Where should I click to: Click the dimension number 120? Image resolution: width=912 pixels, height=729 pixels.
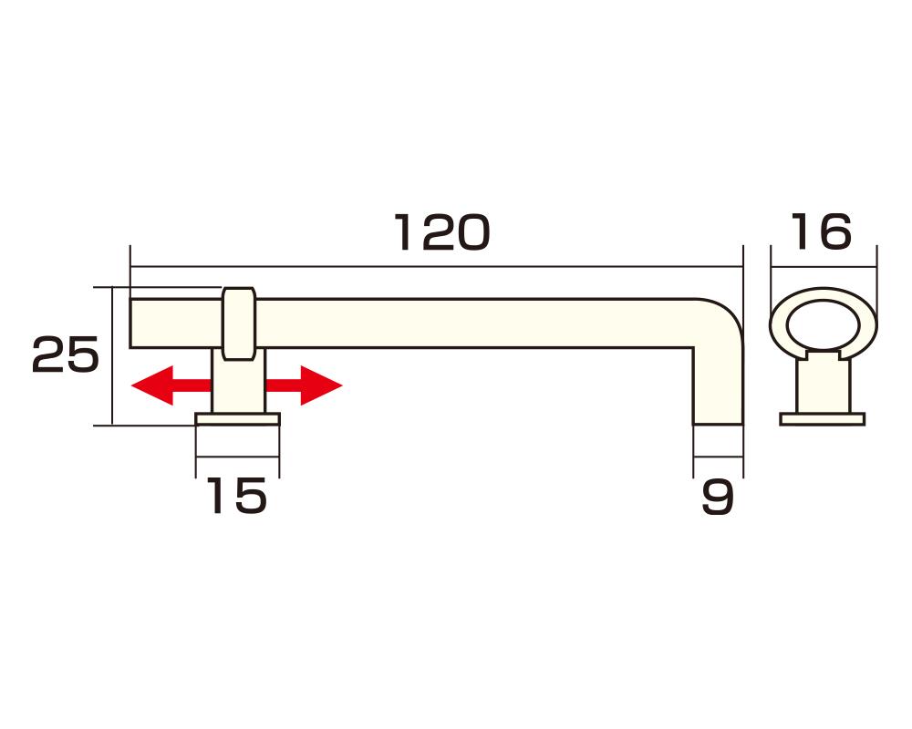pyautogui.click(x=442, y=233)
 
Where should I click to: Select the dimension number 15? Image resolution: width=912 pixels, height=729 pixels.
pyautogui.click(x=236, y=497)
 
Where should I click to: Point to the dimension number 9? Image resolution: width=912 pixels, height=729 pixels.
pyautogui.click(x=718, y=498)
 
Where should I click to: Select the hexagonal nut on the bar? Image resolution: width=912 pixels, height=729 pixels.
pyautogui.click(x=239, y=323)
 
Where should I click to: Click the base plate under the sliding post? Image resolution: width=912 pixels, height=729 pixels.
pyautogui.click(x=237, y=419)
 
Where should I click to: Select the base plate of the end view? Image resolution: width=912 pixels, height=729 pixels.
pyautogui.click(x=822, y=419)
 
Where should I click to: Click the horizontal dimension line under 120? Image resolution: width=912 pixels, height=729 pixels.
pyautogui.click(x=438, y=267)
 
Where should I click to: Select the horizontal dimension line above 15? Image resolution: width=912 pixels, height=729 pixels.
pyautogui.click(x=237, y=456)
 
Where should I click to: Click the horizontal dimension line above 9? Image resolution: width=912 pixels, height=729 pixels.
pyautogui.click(x=718, y=456)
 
